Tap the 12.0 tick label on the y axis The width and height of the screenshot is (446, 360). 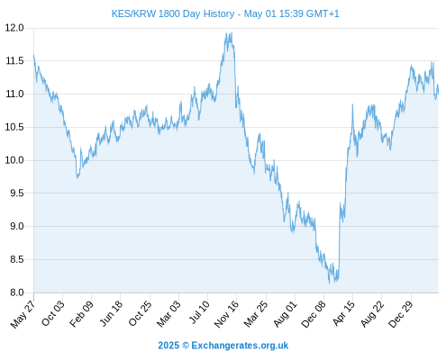point(14,28)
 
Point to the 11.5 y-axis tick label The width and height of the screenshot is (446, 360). point(14,61)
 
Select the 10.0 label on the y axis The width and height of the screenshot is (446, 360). point(14,160)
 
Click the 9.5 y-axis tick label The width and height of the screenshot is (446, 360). point(17,193)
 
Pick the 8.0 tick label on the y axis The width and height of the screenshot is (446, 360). point(17,292)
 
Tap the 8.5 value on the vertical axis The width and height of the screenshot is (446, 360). point(17,259)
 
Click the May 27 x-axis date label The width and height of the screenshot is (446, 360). point(23,314)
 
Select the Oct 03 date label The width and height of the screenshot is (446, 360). point(53,313)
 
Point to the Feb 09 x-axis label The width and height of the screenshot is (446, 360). point(81,314)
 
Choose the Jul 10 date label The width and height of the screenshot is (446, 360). point(199,312)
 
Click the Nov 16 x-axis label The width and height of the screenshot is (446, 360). point(226,314)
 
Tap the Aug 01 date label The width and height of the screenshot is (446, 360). point(285,314)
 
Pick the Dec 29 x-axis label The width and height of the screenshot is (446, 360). point(401,314)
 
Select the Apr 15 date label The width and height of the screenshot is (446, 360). point(343,313)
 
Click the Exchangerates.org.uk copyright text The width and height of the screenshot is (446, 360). point(223,346)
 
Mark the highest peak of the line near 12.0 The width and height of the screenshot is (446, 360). point(232,32)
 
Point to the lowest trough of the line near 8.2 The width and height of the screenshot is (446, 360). point(329,283)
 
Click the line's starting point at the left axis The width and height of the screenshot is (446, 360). point(33,55)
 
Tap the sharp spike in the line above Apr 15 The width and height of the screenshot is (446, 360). point(352,104)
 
